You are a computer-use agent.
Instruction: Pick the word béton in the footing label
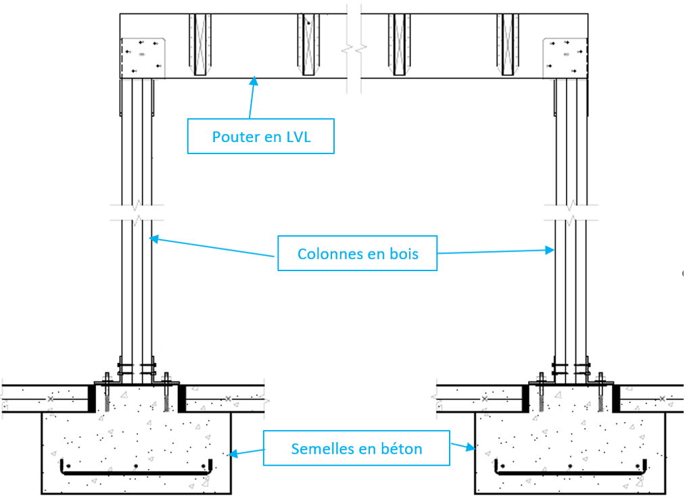[x=402, y=448]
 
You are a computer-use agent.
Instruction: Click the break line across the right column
[x=571, y=212]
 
